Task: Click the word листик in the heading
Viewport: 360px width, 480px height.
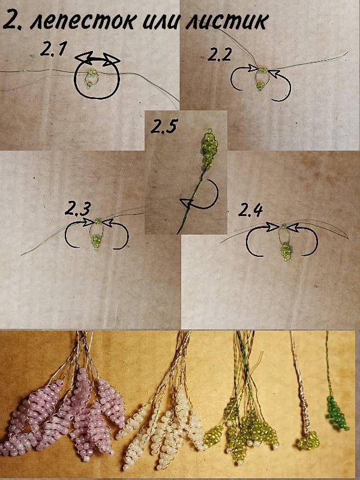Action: click(x=227, y=22)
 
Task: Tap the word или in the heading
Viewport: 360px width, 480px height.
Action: click(x=160, y=22)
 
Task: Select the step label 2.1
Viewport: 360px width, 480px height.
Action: click(x=53, y=49)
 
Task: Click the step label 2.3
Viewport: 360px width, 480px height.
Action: click(x=78, y=209)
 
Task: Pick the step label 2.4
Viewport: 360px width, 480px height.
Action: click(x=250, y=210)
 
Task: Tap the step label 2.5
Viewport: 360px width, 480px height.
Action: click(x=164, y=126)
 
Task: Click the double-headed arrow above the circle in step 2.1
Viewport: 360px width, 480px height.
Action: click(x=98, y=58)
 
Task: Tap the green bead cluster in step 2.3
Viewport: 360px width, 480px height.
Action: click(x=97, y=242)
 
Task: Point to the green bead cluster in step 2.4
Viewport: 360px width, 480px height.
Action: click(x=286, y=251)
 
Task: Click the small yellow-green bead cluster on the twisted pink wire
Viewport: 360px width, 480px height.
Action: click(x=308, y=440)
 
